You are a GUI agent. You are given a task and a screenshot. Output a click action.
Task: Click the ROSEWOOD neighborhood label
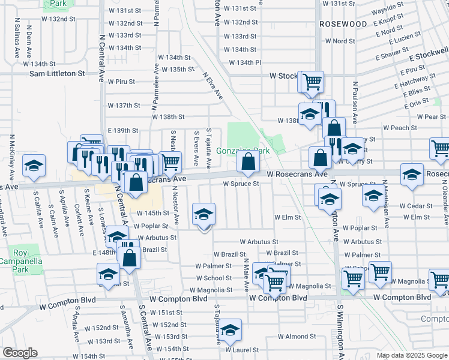343,24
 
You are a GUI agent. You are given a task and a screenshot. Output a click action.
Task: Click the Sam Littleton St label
58,73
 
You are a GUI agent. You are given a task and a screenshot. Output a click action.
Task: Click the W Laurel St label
242,349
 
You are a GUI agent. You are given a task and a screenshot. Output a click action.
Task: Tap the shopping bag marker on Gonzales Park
248,161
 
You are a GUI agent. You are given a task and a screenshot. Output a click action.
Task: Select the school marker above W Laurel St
230,329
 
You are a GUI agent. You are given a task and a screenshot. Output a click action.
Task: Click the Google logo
19,353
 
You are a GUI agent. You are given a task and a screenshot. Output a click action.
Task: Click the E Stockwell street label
429,58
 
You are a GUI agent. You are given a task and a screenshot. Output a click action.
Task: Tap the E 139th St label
123,130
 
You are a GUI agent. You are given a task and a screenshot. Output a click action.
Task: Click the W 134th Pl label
245,62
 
